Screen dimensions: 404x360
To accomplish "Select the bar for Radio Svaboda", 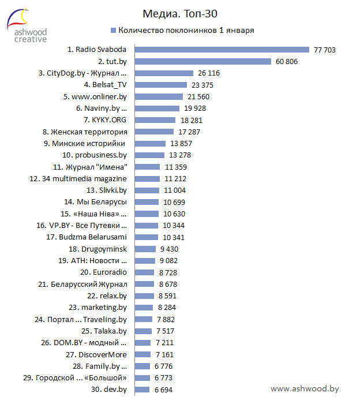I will click(x=222, y=50).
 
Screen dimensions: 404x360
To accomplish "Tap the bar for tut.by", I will click(x=202, y=61).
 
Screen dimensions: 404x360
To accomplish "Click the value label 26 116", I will click(x=209, y=73).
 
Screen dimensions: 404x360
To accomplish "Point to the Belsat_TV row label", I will click(x=105, y=85).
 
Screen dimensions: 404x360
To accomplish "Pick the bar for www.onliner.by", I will click(x=159, y=96).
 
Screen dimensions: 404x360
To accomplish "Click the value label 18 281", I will click(x=192, y=120).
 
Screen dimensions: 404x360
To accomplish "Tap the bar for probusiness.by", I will click(x=150, y=155).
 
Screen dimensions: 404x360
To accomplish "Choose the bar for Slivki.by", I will click(x=148, y=190).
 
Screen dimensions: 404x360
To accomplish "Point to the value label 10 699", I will click(x=175, y=202).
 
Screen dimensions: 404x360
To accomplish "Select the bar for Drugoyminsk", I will click(x=145, y=249).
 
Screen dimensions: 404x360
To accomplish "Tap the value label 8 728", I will click(x=168, y=272).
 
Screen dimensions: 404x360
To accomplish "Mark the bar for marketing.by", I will click(x=144, y=308).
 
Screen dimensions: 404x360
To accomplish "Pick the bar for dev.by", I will click(x=142, y=390).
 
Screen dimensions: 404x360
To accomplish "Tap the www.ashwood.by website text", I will click(x=304, y=388).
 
